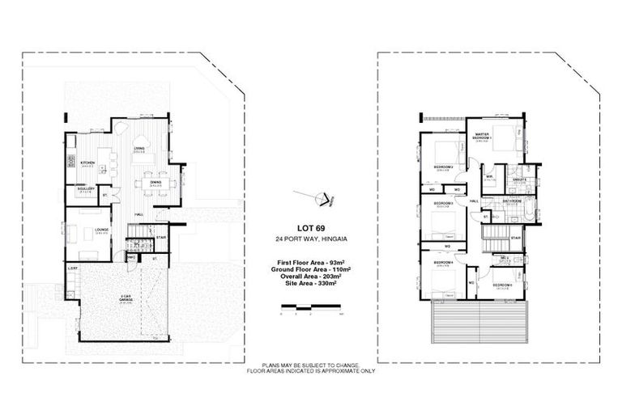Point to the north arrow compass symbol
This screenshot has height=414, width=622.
pyautogui.click(x=316, y=196)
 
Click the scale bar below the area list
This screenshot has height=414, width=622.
pyautogui.click(x=311, y=307)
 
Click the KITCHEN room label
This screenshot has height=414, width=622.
pyautogui.click(x=87, y=163)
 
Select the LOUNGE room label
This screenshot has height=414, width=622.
pyautogui.click(x=101, y=230)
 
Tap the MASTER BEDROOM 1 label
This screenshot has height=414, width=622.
pyautogui.click(x=483, y=136)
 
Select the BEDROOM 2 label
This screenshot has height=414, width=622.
pyautogui.click(x=442, y=167)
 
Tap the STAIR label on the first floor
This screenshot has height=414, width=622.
pyautogui.click(x=513, y=238)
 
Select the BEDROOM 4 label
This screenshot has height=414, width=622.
pyautogui.click(x=442, y=263)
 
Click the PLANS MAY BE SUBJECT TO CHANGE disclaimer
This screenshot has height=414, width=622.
pyautogui.click(x=311, y=365)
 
